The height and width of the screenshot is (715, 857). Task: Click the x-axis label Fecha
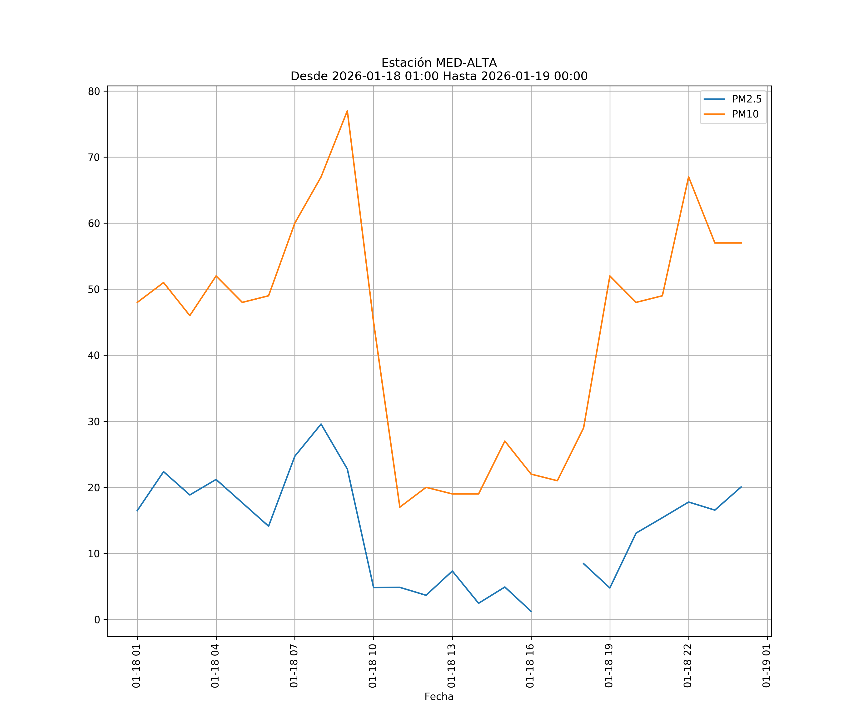(x=439, y=697)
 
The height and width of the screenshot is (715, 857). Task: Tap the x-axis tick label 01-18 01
(x=136, y=666)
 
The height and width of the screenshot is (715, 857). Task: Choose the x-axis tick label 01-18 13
(x=451, y=666)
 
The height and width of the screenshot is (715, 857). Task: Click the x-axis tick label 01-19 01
(x=766, y=666)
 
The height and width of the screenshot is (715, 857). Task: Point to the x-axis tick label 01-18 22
(x=688, y=666)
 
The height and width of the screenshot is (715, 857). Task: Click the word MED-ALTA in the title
(x=466, y=63)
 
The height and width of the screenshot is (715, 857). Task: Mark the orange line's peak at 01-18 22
(x=688, y=177)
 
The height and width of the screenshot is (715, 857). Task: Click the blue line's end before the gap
(x=531, y=612)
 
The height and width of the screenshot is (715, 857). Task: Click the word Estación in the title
(x=406, y=63)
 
